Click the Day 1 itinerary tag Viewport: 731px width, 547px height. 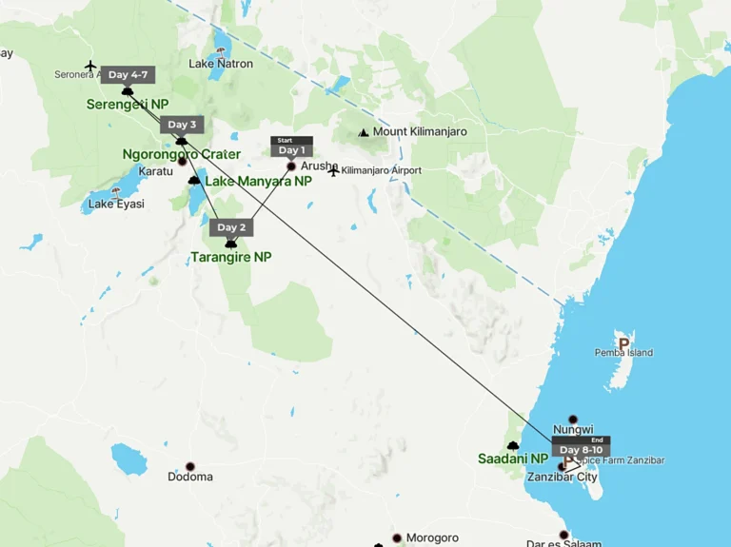291,149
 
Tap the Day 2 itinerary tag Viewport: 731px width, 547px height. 230,227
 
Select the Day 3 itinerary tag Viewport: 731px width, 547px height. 181,125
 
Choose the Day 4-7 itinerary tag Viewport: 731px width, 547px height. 128,75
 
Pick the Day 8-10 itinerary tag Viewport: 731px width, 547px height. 581,450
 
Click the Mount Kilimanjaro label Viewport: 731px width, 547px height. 420,132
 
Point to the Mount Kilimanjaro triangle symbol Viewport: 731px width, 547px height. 363,133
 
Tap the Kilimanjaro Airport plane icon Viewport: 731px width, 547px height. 333,171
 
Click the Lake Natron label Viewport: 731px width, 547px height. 221,64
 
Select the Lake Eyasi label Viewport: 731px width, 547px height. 116,205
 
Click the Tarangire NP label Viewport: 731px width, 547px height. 230,257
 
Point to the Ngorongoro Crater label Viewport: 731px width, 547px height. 182,154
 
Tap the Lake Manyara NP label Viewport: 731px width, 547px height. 258,181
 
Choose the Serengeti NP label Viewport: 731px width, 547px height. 128,104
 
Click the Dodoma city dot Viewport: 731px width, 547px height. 189,466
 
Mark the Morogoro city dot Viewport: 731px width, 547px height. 397,537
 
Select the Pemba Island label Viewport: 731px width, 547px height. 623,353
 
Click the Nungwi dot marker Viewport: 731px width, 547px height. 573,420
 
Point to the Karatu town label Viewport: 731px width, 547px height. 156,171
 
